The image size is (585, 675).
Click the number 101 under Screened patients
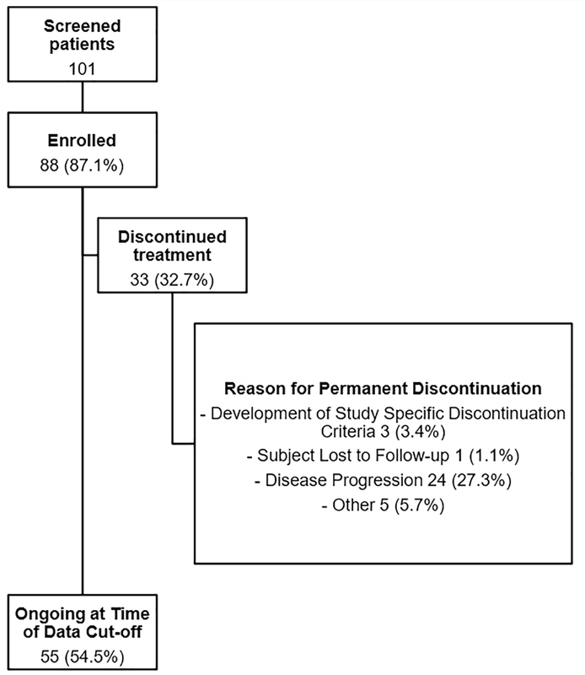pyautogui.click(x=82, y=69)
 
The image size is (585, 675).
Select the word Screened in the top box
pyautogui.click(x=82, y=26)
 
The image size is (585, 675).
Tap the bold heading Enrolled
pyautogui.click(x=82, y=140)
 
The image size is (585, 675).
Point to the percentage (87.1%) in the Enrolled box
pyautogui.click(x=94, y=165)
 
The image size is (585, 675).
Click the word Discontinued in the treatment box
pyautogui.click(x=172, y=237)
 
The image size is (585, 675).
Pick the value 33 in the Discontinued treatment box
pyautogui.click(x=139, y=280)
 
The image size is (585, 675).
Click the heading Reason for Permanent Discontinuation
pyautogui.click(x=383, y=388)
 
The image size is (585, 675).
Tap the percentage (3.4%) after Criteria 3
pyautogui.click(x=420, y=431)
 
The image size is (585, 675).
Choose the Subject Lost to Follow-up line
pyautogui.click(x=383, y=456)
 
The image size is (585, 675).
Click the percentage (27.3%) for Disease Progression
pyautogui.click(x=481, y=480)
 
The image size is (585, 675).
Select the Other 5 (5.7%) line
pyautogui.click(x=383, y=505)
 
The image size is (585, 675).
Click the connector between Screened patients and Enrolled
pyautogui.click(x=82, y=97)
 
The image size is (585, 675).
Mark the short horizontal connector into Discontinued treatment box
pyautogui.click(x=90, y=256)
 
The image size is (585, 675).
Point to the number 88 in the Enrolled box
pyautogui.click(x=50, y=165)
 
